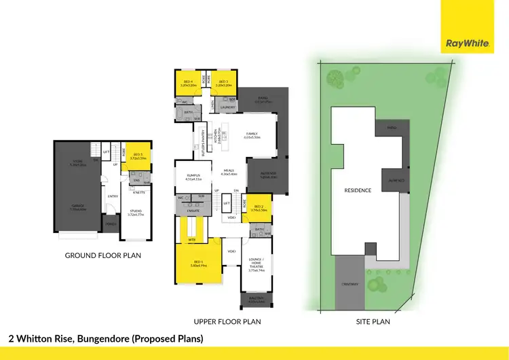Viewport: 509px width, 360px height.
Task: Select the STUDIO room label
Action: point(136,211)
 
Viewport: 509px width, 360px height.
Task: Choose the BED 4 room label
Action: point(188,82)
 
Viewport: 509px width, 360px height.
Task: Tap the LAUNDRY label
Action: point(227,107)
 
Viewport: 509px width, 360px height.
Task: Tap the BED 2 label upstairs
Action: point(259,207)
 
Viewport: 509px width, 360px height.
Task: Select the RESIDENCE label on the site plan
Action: point(358,190)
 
